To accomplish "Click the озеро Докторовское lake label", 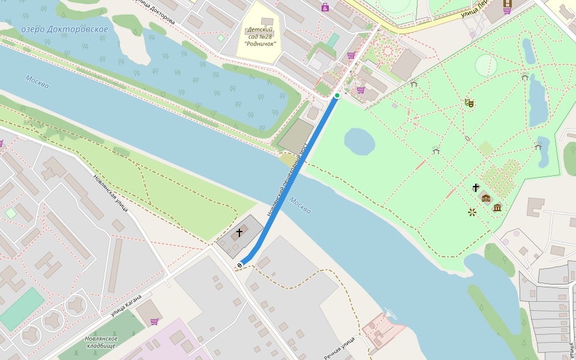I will click(x=64, y=29).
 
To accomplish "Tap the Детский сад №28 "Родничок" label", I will click(x=260, y=37).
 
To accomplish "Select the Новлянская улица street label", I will click(x=110, y=193).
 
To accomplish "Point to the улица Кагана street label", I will click(x=126, y=305).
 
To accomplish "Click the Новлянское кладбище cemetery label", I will click(x=101, y=342).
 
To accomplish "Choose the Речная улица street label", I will click(x=340, y=349).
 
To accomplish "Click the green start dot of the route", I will click(x=337, y=95).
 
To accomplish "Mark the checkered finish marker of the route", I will click(x=240, y=265).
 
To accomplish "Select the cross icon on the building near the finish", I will click(x=239, y=232).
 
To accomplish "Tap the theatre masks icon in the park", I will click(x=469, y=103).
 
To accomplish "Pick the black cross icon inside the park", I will click(x=476, y=188).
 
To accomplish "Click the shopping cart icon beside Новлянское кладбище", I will click(x=155, y=322).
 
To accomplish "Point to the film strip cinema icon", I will click(x=508, y=2).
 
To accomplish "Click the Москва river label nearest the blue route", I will click(x=299, y=205).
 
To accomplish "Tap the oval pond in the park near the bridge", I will click(x=359, y=142).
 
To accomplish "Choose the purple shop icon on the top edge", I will click(x=325, y=8).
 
